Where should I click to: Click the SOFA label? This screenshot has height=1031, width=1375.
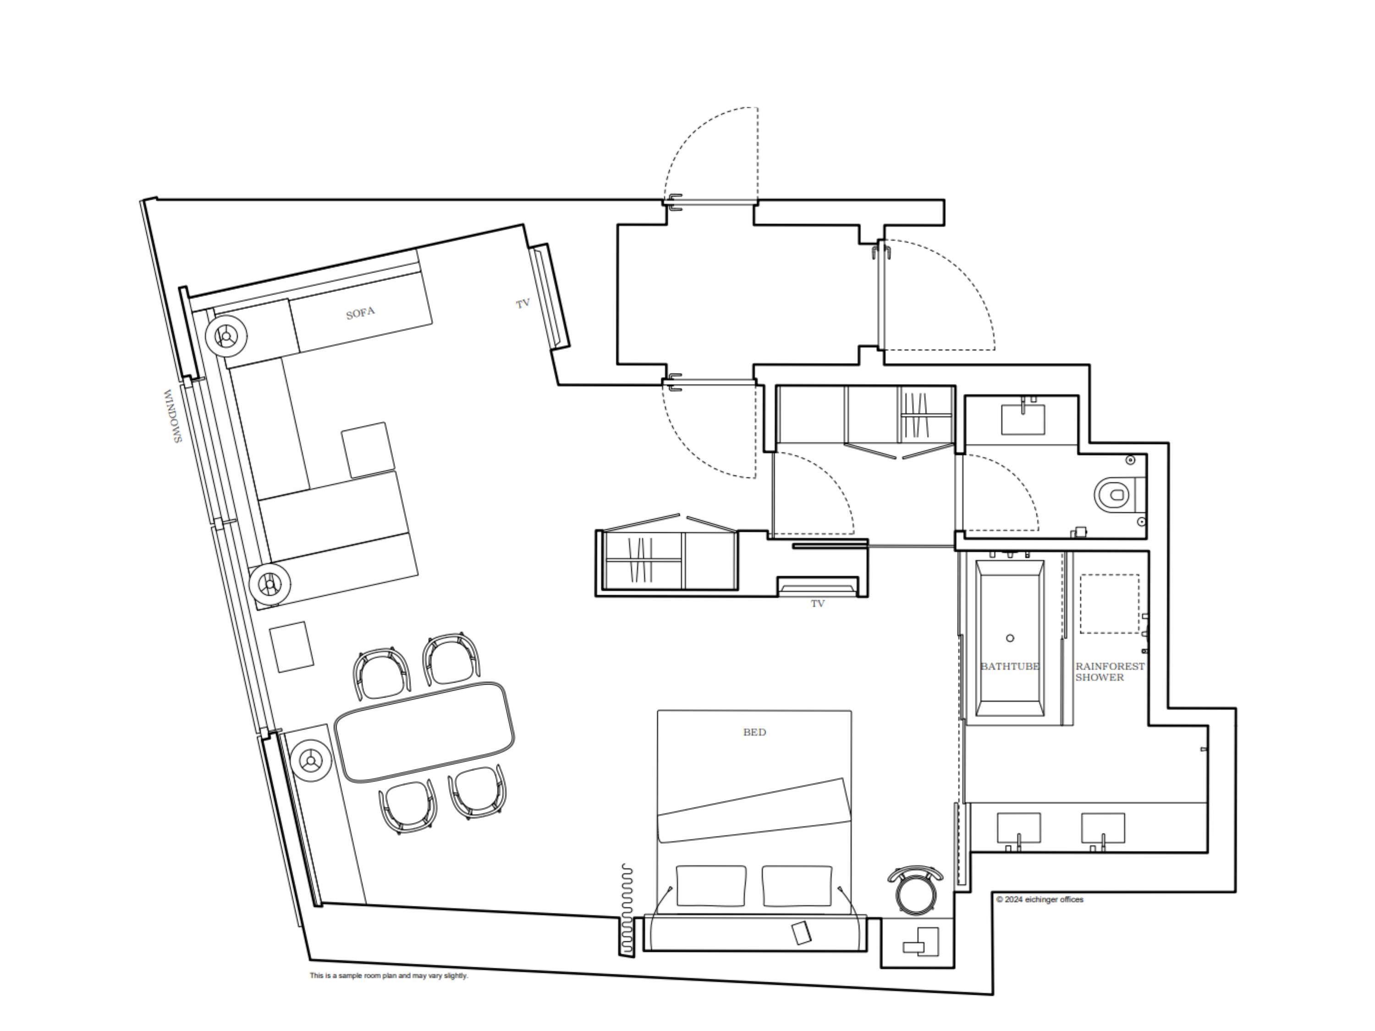(361, 313)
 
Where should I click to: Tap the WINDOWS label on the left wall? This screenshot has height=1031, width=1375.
(172, 417)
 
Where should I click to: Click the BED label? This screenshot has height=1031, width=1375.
(754, 732)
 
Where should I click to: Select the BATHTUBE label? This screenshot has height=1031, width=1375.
(1010, 666)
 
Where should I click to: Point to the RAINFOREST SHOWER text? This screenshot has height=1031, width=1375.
(1110, 671)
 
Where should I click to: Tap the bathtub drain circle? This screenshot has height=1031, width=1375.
(1010, 638)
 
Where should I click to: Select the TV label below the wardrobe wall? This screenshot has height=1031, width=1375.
(817, 603)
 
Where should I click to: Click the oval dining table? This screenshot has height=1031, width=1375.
(424, 731)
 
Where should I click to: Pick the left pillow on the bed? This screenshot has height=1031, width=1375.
(710, 886)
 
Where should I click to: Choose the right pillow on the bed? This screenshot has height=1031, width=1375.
(797, 886)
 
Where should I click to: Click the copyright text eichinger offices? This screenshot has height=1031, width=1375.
(1039, 899)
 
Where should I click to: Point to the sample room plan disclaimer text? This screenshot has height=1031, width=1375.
(389, 976)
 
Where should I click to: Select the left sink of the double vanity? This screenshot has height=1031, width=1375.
(1018, 828)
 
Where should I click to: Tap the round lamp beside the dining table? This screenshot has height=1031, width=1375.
(309, 761)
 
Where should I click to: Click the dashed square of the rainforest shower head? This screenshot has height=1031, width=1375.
(1110, 603)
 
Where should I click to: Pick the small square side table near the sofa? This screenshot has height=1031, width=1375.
(368, 450)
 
